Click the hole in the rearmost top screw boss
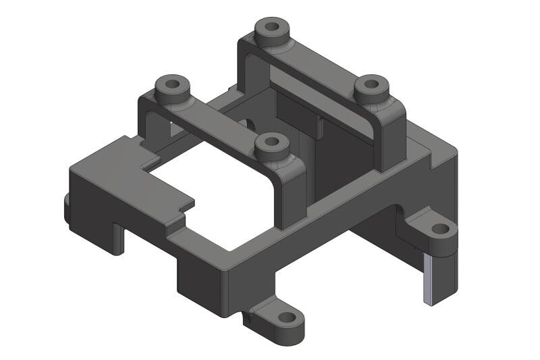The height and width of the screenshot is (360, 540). tap(272, 28)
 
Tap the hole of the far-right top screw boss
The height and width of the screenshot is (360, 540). tap(371, 85)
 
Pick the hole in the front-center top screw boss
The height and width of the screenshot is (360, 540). tap(272, 142)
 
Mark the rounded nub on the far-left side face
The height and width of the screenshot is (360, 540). tap(67, 206)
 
